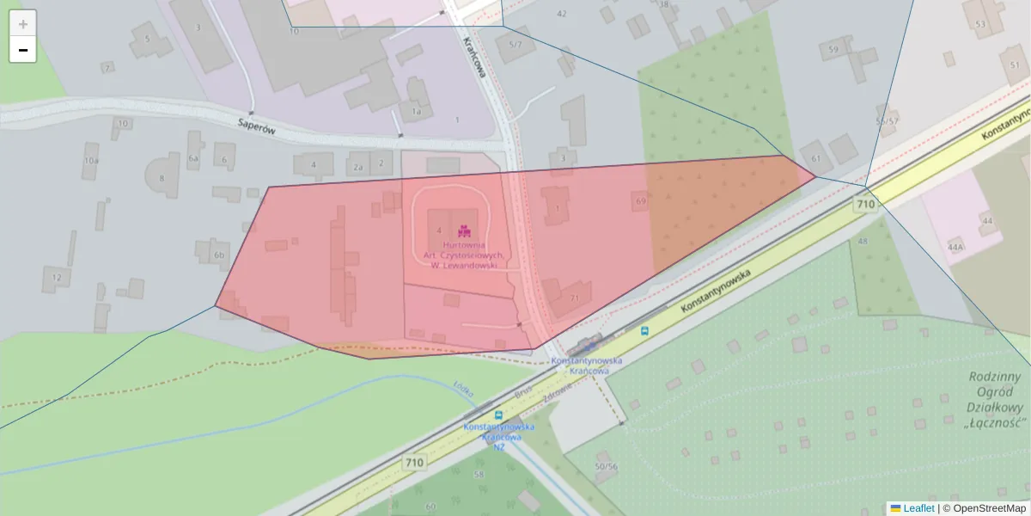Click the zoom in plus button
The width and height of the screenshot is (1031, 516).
(23, 23)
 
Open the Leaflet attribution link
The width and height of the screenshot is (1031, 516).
(918, 508)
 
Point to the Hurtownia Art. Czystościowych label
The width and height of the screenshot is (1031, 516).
(464, 255)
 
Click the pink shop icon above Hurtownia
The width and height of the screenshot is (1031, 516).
(464, 230)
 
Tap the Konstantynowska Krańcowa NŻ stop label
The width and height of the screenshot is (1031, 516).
(498, 436)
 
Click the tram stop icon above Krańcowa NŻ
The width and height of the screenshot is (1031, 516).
(498, 414)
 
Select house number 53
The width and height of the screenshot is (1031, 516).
(981, 24)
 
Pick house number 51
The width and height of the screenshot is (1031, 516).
(1015, 65)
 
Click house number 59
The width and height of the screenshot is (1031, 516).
(833, 50)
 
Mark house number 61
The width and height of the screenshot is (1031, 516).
(816, 159)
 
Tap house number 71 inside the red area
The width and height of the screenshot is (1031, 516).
(574, 298)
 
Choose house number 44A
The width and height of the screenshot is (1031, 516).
(955, 247)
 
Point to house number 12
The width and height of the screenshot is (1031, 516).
(57, 277)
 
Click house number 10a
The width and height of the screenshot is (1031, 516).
(91, 161)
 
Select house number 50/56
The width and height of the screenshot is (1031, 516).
(606, 466)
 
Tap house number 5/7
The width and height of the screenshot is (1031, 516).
(515, 44)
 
